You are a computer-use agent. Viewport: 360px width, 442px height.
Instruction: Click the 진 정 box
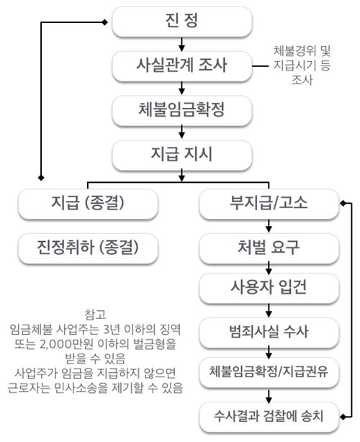tap(182, 22)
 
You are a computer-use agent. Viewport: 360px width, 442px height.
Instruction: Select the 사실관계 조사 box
tap(182, 66)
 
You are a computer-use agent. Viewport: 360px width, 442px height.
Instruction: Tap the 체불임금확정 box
tap(182, 111)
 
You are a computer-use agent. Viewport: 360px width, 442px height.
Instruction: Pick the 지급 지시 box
tap(182, 155)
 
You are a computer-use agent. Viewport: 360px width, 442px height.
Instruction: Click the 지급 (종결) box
tap(88, 204)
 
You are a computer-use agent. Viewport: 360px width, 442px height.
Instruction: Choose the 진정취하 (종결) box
tap(88, 248)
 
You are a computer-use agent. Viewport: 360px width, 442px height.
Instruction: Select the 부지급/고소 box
tap(269, 204)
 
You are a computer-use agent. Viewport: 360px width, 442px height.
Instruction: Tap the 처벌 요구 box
tap(269, 248)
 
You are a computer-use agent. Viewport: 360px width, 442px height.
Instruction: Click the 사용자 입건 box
tap(269, 288)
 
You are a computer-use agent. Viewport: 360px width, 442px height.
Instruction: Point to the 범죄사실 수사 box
tap(269, 333)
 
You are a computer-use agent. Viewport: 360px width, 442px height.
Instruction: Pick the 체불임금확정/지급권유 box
tap(269, 372)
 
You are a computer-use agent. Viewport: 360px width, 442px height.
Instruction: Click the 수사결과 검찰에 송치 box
tap(269, 417)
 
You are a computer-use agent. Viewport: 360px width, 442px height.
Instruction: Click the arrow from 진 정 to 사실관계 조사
tap(182, 44)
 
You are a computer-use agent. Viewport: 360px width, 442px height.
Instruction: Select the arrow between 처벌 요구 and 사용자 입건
tap(269, 269)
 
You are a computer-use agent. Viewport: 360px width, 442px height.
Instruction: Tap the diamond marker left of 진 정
tap(104, 22)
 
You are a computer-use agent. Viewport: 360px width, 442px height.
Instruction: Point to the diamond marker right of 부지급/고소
tap(343, 203)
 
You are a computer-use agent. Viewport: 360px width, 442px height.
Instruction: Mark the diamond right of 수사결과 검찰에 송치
tap(343, 417)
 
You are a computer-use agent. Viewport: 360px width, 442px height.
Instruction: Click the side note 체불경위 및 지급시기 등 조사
tap(302, 66)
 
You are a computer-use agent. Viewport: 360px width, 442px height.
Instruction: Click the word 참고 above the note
tap(95, 315)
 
